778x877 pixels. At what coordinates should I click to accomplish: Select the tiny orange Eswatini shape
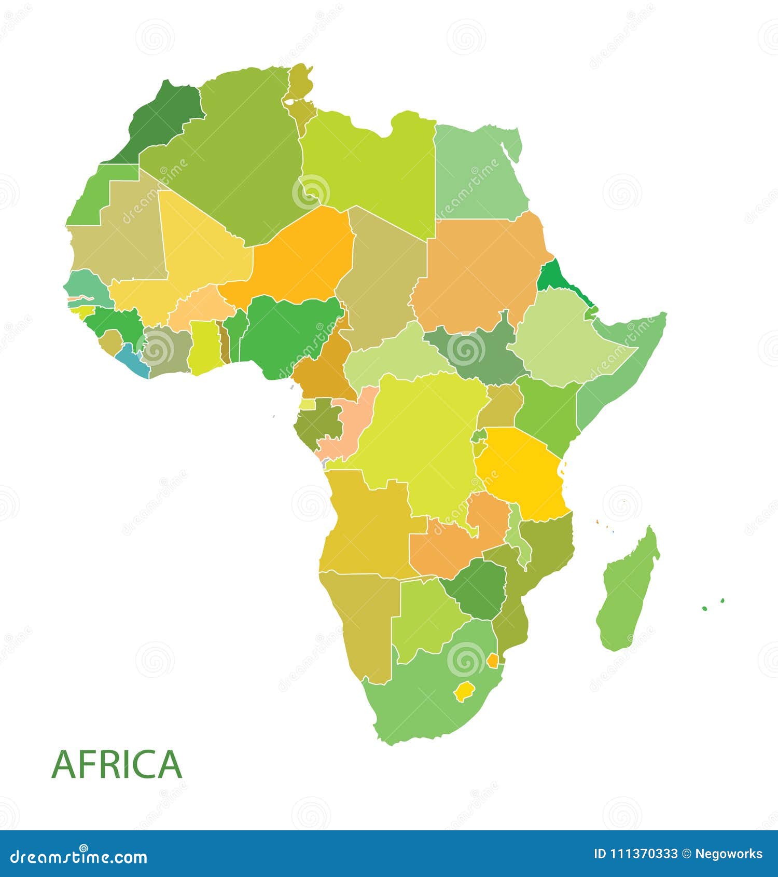tap(492, 661)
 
